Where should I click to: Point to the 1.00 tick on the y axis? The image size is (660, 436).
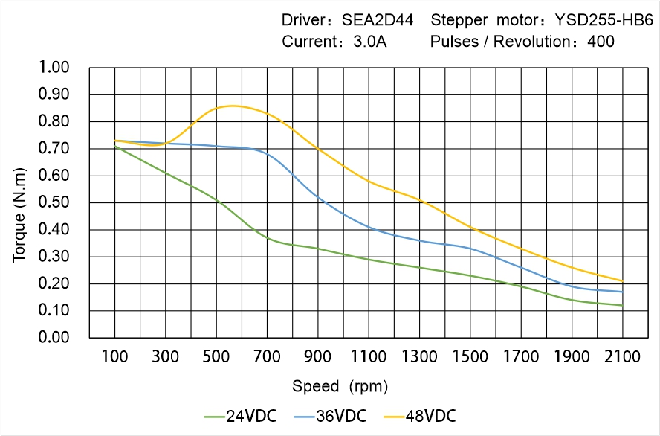coord(54,68)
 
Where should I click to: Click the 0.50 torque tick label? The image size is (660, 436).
coord(54,203)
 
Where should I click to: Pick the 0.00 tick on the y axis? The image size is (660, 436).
coord(54,338)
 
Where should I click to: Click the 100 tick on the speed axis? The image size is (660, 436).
coord(114,356)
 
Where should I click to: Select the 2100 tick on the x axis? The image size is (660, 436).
coord(622,356)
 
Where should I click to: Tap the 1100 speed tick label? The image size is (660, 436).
coord(369,356)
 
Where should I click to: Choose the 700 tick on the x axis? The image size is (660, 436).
coord(267,356)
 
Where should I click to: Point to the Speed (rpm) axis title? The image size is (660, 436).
coord(340,386)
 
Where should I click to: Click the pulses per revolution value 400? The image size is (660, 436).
coord(601,42)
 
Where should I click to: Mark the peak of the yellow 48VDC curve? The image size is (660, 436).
coord(232,106)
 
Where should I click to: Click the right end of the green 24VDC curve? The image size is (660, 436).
coord(622,305)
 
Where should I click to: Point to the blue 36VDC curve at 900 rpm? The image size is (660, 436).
coord(317,196)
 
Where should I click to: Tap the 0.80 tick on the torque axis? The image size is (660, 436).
coord(54,122)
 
